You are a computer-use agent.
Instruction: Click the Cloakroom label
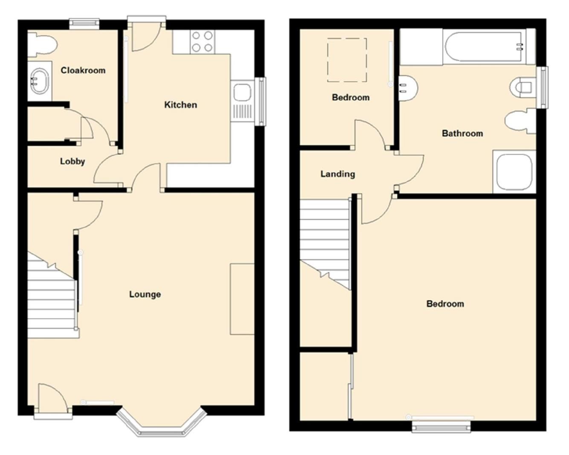[83, 70]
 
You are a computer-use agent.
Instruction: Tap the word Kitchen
[180, 104]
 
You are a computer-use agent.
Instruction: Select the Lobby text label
[72, 161]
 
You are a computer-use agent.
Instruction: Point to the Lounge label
[145, 294]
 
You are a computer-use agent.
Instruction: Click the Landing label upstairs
[337, 174]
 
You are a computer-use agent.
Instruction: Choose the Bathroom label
[462, 133]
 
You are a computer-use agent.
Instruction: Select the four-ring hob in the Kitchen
[202, 42]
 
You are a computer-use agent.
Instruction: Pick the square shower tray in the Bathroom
[514, 172]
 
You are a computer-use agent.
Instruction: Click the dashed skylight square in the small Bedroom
[346, 60]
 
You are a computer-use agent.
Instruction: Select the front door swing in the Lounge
[52, 399]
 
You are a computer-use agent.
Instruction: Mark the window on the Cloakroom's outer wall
[84, 24]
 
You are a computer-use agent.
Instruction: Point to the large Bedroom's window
[441, 426]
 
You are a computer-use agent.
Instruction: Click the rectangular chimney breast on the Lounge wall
[242, 299]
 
